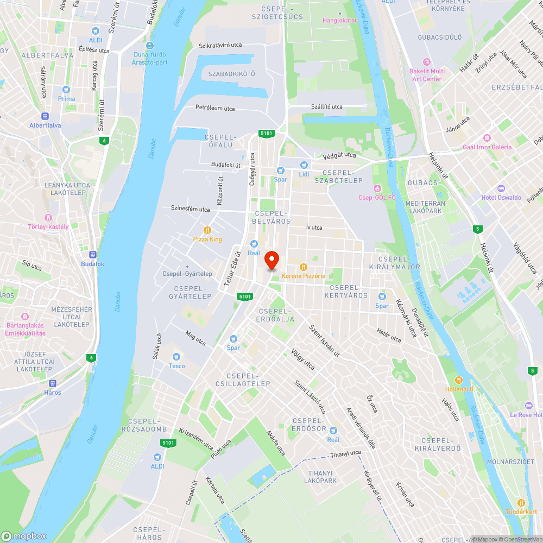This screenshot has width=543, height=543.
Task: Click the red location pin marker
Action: click(x=272, y=260)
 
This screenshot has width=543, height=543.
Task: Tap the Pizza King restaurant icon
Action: click(x=207, y=230)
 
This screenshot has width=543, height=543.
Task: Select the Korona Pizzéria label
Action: click(x=304, y=276)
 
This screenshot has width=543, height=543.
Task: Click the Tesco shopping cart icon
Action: click(x=176, y=357)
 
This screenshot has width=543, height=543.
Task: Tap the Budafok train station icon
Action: click(x=92, y=254)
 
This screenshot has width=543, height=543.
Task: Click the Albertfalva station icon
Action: click(x=45, y=116)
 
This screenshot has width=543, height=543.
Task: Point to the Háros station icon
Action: click(x=53, y=383)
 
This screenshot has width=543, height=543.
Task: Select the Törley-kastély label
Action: click(x=49, y=226)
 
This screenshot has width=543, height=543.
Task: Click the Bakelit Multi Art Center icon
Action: click(x=427, y=62)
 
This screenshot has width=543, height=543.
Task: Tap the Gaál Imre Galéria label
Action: click(x=487, y=147)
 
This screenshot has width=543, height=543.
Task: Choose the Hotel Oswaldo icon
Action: click(x=475, y=198)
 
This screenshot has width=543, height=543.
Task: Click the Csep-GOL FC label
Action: click(x=377, y=197)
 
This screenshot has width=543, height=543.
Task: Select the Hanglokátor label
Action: click(x=340, y=20)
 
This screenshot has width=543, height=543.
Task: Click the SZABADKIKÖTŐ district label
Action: click(x=231, y=73)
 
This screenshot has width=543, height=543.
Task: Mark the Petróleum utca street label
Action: click(x=215, y=108)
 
